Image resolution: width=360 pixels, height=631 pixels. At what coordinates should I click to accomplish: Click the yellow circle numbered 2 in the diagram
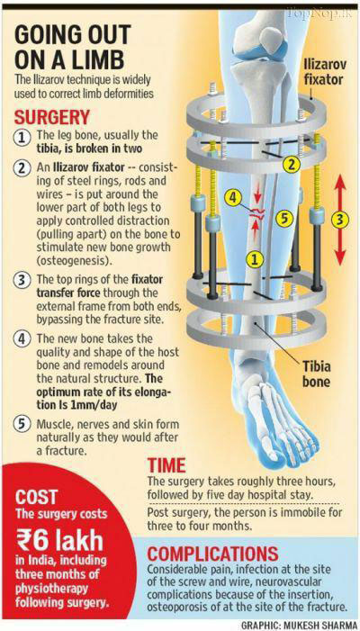point(292,164)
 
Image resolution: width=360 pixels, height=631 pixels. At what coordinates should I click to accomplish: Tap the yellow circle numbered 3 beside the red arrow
point(340,219)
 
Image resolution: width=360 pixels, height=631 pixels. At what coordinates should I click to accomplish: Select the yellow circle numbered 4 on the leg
point(233,198)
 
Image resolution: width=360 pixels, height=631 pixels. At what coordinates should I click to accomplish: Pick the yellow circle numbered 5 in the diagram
point(284,219)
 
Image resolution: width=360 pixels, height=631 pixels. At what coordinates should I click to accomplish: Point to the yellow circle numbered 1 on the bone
point(254,259)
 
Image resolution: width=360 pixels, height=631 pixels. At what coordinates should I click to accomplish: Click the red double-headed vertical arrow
point(340,221)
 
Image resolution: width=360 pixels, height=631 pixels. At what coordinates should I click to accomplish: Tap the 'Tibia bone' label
point(310,374)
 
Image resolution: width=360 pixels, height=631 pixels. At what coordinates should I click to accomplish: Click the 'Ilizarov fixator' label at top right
point(323,71)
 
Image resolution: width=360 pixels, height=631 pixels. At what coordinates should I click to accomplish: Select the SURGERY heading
point(51,118)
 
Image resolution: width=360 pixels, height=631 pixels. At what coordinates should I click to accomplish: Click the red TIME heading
point(166,465)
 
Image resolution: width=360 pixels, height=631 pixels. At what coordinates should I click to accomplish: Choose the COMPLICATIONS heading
point(212,554)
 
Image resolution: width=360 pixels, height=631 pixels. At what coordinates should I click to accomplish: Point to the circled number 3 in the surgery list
point(22,280)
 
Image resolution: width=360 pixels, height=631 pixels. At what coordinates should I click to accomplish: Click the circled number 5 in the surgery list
point(22,424)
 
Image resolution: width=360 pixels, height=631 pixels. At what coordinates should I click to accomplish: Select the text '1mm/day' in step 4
point(97,405)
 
